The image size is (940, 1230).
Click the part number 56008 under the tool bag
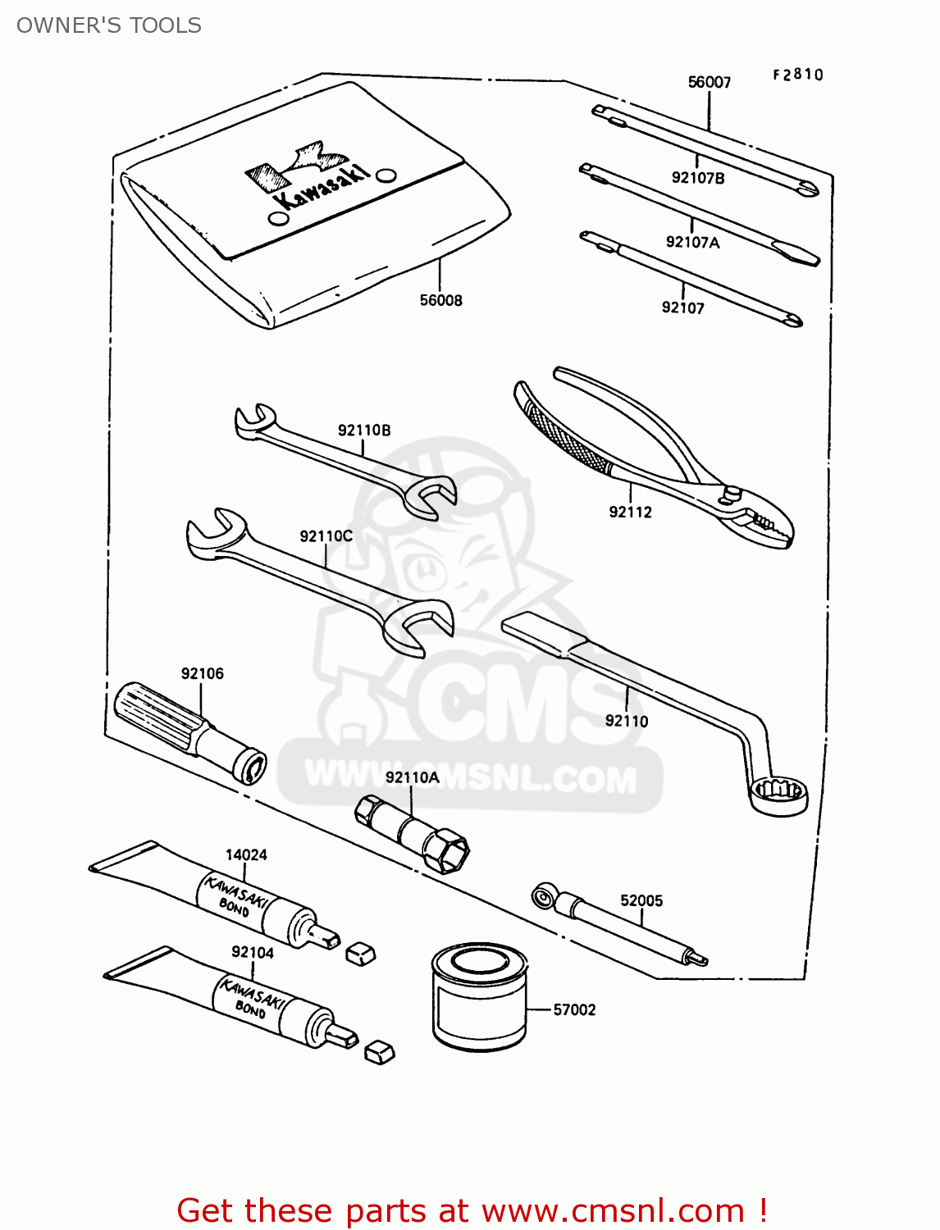click(x=440, y=301)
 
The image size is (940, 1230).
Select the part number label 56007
click(x=709, y=82)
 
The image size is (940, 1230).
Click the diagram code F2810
click(x=797, y=75)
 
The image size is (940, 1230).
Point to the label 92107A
click(x=692, y=242)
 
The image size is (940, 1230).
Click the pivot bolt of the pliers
click(x=732, y=493)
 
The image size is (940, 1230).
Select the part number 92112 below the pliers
click(x=630, y=512)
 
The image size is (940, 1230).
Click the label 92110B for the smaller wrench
click(x=364, y=430)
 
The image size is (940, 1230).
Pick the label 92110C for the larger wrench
click(x=326, y=536)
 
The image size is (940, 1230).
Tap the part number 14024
click(x=246, y=855)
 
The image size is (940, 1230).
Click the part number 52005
click(x=641, y=900)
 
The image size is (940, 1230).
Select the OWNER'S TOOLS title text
click(x=109, y=25)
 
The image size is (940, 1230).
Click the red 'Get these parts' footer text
click(x=472, y=1211)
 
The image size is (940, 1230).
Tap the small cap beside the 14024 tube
click(x=360, y=952)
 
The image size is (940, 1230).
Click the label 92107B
click(x=697, y=178)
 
